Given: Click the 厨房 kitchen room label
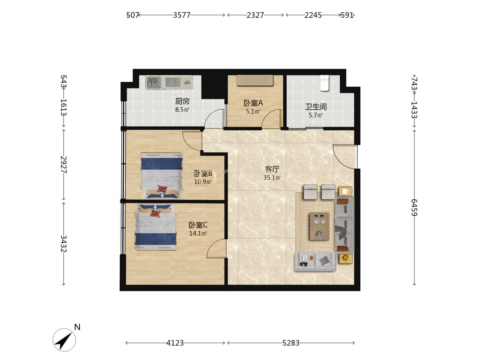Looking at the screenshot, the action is pos(182,101).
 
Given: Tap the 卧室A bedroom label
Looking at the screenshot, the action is pos(253,103).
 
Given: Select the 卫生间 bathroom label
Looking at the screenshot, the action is pos(316,107).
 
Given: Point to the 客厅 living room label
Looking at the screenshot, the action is pos(272,169).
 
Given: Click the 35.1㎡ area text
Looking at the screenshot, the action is pos(272,178).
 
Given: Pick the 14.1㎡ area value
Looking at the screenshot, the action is pos(198,233).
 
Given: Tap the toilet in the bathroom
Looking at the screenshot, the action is pos(325,83).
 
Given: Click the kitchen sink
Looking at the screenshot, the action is pos(154,82).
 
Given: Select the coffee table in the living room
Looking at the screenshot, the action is pos(319,226).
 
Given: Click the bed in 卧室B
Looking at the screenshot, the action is pos(161,176).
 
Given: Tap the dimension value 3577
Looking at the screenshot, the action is pos(181,15).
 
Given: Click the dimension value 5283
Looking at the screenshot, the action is pos(291,343).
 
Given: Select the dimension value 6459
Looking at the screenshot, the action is pos(414,207).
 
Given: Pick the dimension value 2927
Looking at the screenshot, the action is pos(64,164).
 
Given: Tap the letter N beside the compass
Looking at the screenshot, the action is pos(77,327).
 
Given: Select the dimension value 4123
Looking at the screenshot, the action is pos(175,343).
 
